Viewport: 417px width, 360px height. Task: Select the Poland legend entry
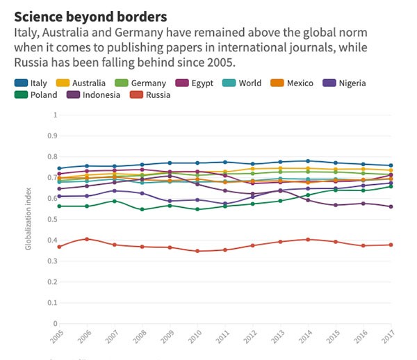[44, 95]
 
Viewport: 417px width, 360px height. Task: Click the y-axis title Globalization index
[28, 219]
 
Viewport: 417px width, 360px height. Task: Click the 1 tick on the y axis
[54, 115]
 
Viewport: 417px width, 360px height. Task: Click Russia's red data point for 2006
[86, 239]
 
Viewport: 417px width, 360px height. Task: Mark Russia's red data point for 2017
[391, 245]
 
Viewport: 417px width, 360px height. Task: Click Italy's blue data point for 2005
[59, 168]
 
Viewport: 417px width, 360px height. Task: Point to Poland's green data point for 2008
[141, 209]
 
